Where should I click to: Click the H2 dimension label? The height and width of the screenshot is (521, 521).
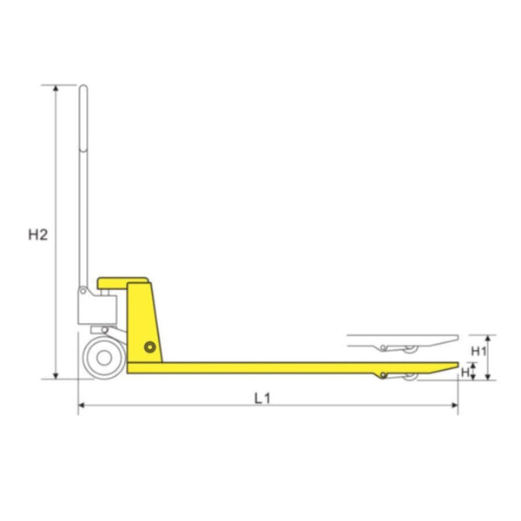coord(36,234)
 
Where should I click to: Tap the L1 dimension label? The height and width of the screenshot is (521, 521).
coord(263,399)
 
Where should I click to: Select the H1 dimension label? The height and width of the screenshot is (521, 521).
coord(478,350)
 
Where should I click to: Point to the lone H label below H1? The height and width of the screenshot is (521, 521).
coord(466,372)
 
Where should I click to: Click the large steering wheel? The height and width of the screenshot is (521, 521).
coord(104,358)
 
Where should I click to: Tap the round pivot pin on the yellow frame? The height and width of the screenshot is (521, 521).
coord(152,347)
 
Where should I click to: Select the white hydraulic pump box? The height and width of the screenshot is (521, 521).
coord(97,307)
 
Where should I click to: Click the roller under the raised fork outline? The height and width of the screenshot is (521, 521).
coord(408,348)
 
